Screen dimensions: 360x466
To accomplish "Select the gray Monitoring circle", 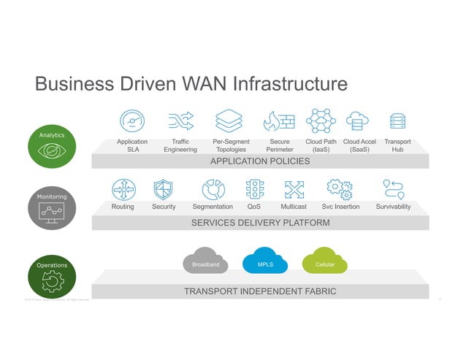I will tap(52, 210).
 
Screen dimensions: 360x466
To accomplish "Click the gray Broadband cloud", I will tap(205, 263).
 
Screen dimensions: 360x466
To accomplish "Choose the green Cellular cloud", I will tap(324, 263).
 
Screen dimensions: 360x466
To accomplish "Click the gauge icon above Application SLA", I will tap(132, 120).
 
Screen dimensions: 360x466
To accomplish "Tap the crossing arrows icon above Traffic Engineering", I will tap(180, 120).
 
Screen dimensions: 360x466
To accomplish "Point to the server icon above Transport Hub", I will tap(397, 120).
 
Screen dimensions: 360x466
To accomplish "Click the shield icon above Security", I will tap(164, 189).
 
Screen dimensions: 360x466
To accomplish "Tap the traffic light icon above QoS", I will tap(254, 189).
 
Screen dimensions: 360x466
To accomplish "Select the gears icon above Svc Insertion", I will tap(340, 188).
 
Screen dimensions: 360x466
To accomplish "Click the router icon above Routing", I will tap(123, 189).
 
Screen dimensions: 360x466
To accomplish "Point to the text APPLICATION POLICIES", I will tap(260, 161).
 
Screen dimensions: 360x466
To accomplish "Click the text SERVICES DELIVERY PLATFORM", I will tap(260, 223).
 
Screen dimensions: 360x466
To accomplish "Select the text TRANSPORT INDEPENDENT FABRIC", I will tap(260, 291).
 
